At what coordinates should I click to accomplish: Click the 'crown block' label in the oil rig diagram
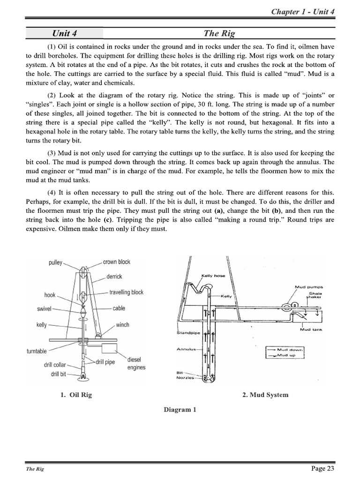(x=117, y=262)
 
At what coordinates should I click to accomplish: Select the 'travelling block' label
(x=126, y=292)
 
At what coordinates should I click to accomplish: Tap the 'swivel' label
(x=45, y=309)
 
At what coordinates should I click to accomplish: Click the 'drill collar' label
(x=55, y=365)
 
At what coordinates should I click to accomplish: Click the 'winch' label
(x=122, y=325)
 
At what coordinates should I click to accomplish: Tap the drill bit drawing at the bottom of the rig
(x=82, y=375)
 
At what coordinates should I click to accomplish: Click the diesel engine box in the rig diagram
(x=111, y=348)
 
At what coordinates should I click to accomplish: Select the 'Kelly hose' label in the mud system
(x=213, y=276)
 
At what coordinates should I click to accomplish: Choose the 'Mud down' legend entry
(x=289, y=349)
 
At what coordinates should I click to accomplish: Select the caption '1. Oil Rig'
(x=76, y=395)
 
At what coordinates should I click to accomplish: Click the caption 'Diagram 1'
(x=180, y=409)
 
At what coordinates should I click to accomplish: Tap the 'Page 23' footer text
(x=322, y=468)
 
